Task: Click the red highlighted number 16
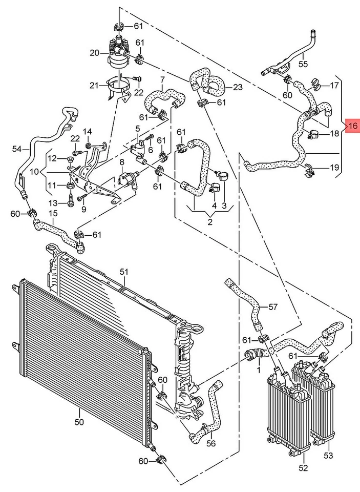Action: click(x=352, y=125)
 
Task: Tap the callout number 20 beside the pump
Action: click(x=94, y=53)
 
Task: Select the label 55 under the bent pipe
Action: click(x=303, y=64)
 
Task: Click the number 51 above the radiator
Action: click(x=123, y=272)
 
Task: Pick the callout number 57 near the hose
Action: click(x=272, y=307)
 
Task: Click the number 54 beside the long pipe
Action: click(x=16, y=149)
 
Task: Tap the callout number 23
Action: click(x=238, y=87)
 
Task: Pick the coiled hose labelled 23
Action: click(x=207, y=82)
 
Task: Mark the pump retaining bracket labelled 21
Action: click(x=119, y=88)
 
